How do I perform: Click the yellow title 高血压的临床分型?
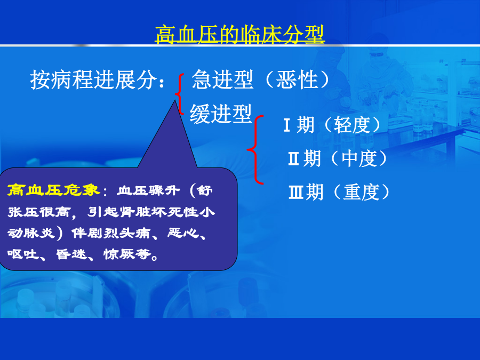239,35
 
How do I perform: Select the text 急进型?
222,79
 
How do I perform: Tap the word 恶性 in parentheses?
297,79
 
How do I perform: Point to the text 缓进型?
221,114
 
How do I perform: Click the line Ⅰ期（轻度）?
332,125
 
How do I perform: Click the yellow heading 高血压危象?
53,190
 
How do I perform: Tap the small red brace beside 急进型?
180,94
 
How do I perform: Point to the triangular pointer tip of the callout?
175,100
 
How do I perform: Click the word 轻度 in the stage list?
352,125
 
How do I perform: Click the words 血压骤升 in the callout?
148,190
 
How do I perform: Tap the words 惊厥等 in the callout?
127,254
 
